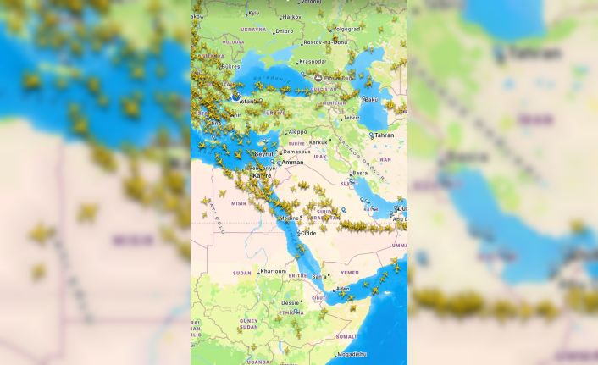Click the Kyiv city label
(x=253, y=14)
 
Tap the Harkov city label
(x=291, y=17)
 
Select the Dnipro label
(x=308, y=31)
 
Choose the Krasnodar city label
(x=313, y=61)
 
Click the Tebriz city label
(x=351, y=118)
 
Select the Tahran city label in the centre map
(x=384, y=135)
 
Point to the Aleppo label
(x=297, y=132)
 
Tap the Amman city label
(x=292, y=162)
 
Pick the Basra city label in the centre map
(x=360, y=173)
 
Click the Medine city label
(x=290, y=218)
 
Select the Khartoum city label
(x=273, y=271)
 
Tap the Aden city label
(x=342, y=288)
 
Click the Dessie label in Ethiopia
(x=291, y=302)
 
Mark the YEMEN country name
(x=350, y=273)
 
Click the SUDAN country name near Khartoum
(x=242, y=273)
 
